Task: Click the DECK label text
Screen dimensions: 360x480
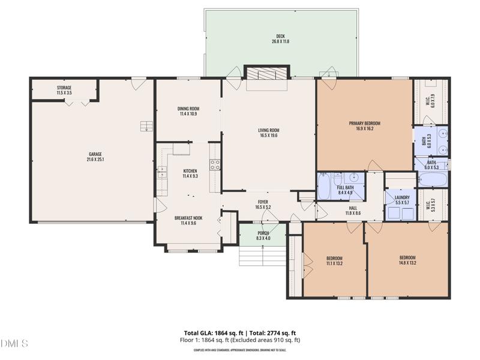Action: tap(281, 39)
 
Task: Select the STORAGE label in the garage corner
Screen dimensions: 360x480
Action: tap(64, 91)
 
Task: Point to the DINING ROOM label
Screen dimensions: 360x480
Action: tap(188, 111)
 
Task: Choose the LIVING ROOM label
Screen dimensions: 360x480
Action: tap(269, 133)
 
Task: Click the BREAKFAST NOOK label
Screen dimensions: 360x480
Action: tap(188, 220)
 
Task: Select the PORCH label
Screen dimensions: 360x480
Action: tap(263, 236)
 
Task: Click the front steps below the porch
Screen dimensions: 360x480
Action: tap(263, 256)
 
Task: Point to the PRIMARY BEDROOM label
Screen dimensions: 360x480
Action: tap(365, 125)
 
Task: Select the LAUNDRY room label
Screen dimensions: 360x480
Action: tap(402, 200)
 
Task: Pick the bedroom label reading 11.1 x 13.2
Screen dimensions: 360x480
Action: tap(334, 260)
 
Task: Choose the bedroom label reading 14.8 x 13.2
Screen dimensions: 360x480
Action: tap(407, 260)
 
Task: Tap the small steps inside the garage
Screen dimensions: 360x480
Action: tap(145, 125)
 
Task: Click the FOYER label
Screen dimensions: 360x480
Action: tap(263, 204)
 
